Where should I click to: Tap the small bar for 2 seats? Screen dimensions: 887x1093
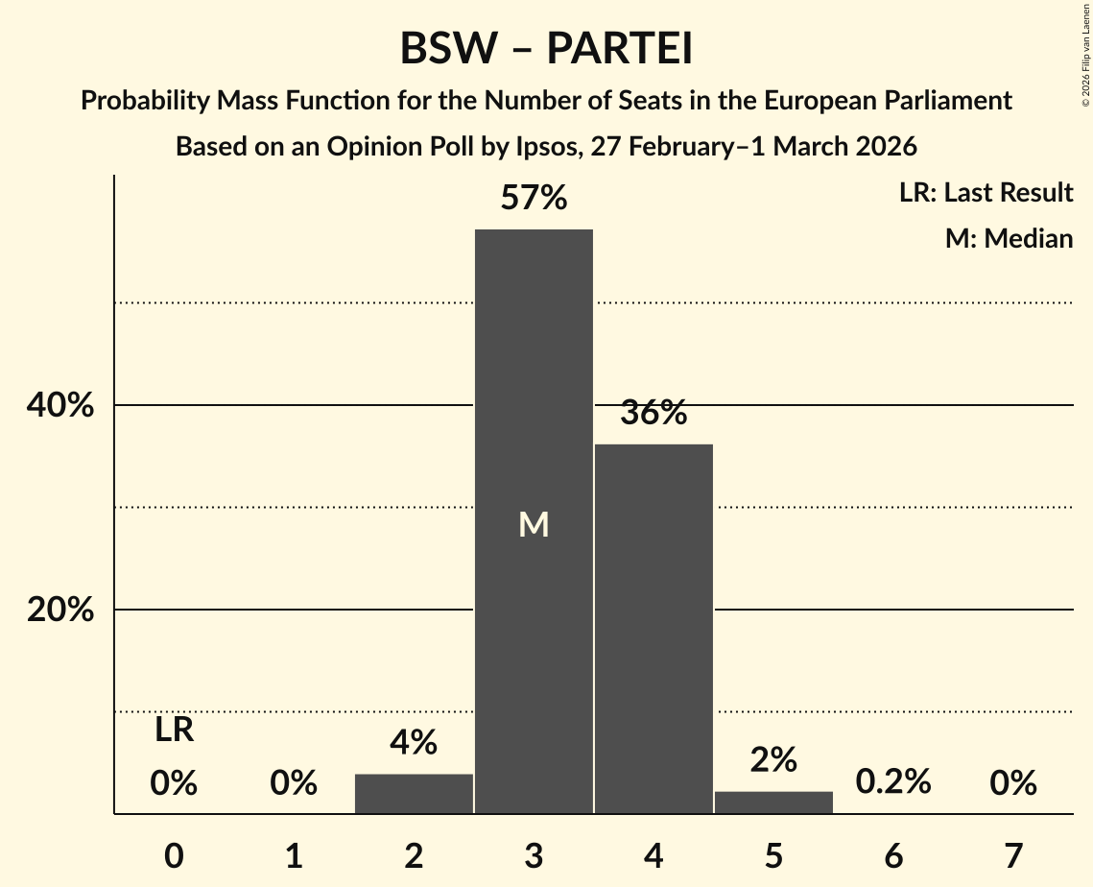414,794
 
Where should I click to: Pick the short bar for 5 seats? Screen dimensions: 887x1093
773,803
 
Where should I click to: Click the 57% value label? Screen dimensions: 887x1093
534,199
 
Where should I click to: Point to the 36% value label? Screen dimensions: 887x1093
653,414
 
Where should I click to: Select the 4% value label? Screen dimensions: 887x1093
414,742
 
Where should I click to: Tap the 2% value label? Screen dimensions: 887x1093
773,759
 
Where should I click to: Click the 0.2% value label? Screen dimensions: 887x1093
893,781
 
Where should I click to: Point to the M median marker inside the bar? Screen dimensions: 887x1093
534,524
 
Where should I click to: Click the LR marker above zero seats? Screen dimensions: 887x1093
174,731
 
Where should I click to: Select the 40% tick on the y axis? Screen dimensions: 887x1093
60,406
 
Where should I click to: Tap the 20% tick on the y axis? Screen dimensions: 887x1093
60,611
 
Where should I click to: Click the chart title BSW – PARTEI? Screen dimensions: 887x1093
546,49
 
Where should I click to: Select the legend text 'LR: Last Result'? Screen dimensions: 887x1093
986,193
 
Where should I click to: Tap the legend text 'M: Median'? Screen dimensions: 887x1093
1009,238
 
